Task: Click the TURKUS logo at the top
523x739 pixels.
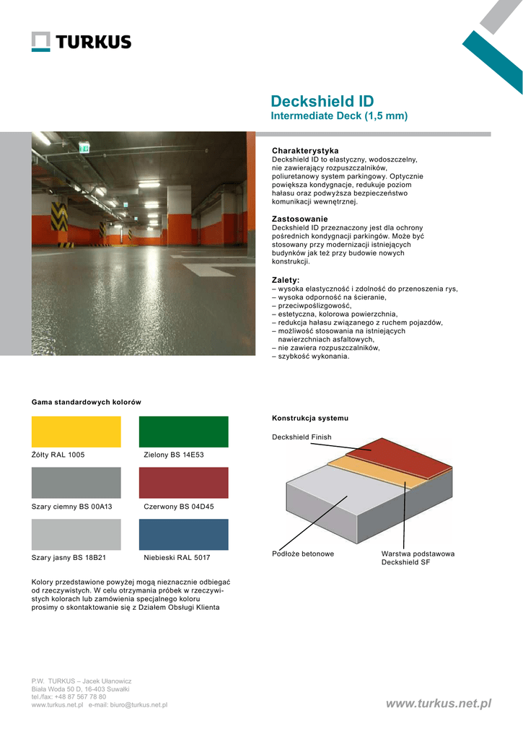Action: [x=82, y=42]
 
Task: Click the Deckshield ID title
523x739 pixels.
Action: [x=322, y=101]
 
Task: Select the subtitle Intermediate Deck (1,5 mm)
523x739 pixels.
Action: [x=339, y=116]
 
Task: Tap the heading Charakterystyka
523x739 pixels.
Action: [x=305, y=150]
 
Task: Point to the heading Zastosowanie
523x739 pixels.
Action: [x=299, y=219]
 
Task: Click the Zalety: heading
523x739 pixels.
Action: [x=286, y=280]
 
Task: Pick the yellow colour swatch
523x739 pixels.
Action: [x=76, y=432]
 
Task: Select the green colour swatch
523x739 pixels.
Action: [x=183, y=432]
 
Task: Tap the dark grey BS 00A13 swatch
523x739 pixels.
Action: [x=76, y=483]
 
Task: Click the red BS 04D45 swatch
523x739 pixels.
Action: [x=183, y=483]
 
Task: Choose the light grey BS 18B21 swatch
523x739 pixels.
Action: [x=76, y=535]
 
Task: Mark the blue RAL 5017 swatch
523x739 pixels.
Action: [x=183, y=535]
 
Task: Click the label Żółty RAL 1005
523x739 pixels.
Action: [x=58, y=455]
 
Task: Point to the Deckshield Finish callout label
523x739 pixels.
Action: [x=302, y=437]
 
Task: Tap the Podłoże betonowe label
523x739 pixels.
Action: [x=303, y=554]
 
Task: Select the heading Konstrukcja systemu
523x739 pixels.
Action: [x=310, y=418]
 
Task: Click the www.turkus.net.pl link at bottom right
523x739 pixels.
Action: [x=439, y=703]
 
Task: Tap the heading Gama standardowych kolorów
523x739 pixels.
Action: [x=86, y=402]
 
